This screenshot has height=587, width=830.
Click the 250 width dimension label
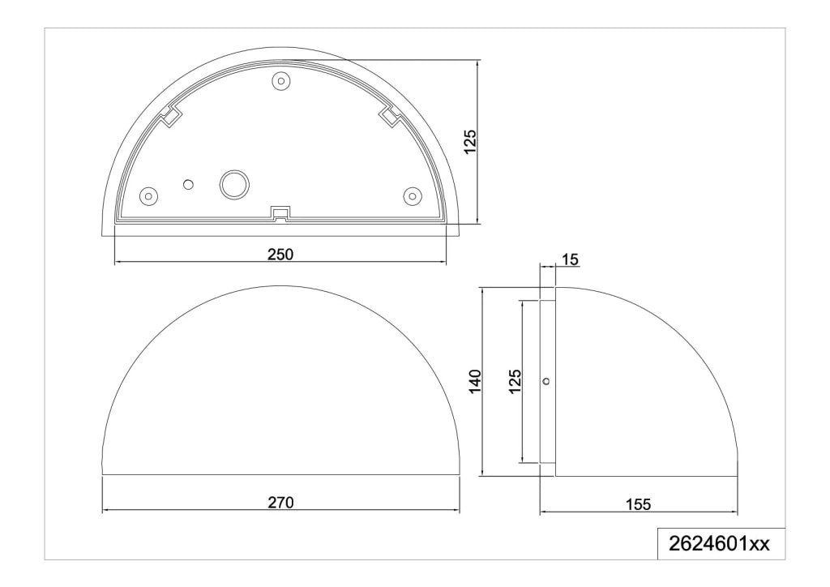(280, 255)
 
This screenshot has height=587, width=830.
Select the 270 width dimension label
(280, 503)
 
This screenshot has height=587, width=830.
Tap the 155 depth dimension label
(638, 504)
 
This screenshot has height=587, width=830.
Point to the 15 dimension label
(571, 260)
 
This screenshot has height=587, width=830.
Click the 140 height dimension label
(474, 381)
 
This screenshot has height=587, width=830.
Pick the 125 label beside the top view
(470, 142)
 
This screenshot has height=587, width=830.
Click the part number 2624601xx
(720, 543)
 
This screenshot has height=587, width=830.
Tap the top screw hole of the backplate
(281, 82)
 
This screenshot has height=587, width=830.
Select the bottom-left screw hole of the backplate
(149, 196)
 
